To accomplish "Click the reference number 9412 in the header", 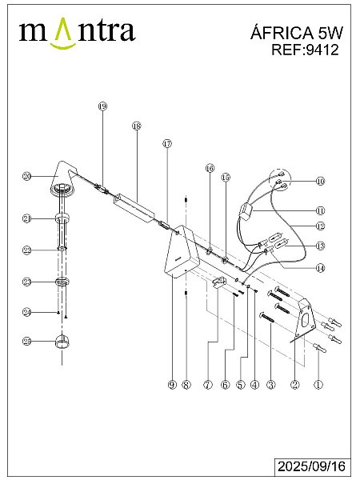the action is (x=322, y=50).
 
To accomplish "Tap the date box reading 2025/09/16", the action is (x=312, y=466).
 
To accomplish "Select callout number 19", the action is (x=102, y=106).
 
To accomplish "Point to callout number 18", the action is (x=137, y=126).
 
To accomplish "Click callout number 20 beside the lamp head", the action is (x=27, y=176).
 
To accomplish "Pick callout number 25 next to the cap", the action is (x=27, y=341).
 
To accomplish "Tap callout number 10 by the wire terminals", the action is (x=320, y=181).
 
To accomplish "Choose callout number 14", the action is (x=320, y=268).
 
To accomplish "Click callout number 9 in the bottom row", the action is (x=172, y=385).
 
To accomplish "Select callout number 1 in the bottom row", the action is (x=318, y=385).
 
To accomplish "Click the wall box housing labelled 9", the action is (x=182, y=252).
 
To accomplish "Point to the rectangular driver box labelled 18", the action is (x=134, y=206).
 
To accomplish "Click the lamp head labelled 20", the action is (x=64, y=178).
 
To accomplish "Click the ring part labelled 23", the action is (x=62, y=282).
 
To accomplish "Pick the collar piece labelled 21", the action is (x=62, y=218).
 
